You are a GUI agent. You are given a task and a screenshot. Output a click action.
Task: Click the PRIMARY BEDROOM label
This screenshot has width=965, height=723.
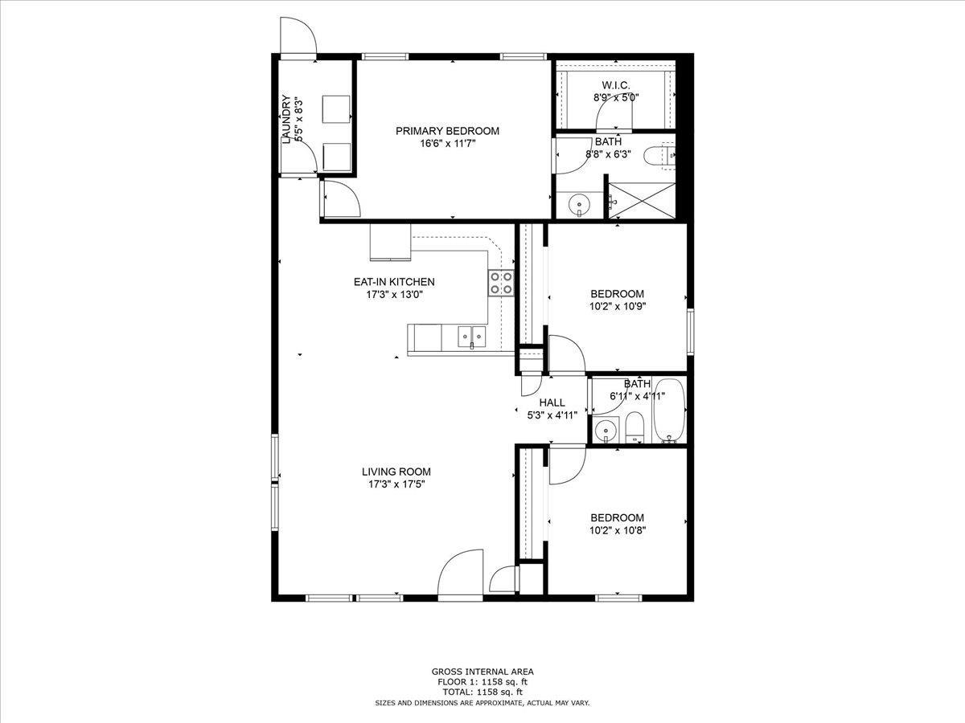pyautogui.click(x=447, y=131)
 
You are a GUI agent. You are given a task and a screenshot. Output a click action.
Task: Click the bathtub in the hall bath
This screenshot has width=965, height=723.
pyautogui.click(x=669, y=411)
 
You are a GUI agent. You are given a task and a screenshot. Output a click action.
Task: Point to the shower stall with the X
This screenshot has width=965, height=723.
pyautogui.click(x=642, y=200)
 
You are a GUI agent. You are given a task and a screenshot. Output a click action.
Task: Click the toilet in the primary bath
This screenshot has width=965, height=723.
pyautogui.click(x=659, y=155)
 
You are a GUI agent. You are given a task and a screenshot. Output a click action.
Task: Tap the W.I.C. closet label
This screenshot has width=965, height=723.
pyautogui.click(x=615, y=85)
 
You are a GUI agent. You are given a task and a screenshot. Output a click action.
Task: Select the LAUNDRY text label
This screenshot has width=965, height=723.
pyautogui.click(x=286, y=120)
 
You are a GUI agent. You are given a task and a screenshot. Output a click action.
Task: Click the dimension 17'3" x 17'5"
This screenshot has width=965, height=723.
pyautogui.click(x=396, y=484)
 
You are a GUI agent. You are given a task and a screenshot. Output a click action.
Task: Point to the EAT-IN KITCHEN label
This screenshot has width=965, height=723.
pyautogui.click(x=394, y=282)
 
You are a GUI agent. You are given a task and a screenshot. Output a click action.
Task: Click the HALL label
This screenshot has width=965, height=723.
pyautogui.click(x=552, y=402)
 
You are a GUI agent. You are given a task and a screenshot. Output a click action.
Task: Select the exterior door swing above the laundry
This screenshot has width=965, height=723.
pyautogui.click(x=299, y=35)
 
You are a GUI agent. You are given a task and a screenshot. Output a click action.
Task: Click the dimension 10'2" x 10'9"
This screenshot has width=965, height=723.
pyautogui.click(x=618, y=306)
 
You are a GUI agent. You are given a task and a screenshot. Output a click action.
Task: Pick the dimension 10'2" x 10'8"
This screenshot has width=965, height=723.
pyautogui.click(x=618, y=530)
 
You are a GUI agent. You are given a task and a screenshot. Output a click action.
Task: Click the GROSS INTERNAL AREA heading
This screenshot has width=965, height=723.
pyautogui.click(x=482, y=672)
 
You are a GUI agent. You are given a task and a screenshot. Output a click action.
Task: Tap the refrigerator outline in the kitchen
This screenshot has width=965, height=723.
pyautogui.click(x=390, y=242)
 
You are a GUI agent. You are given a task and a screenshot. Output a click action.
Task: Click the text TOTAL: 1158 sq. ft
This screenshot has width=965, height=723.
pyautogui.click(x=482, y=692)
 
